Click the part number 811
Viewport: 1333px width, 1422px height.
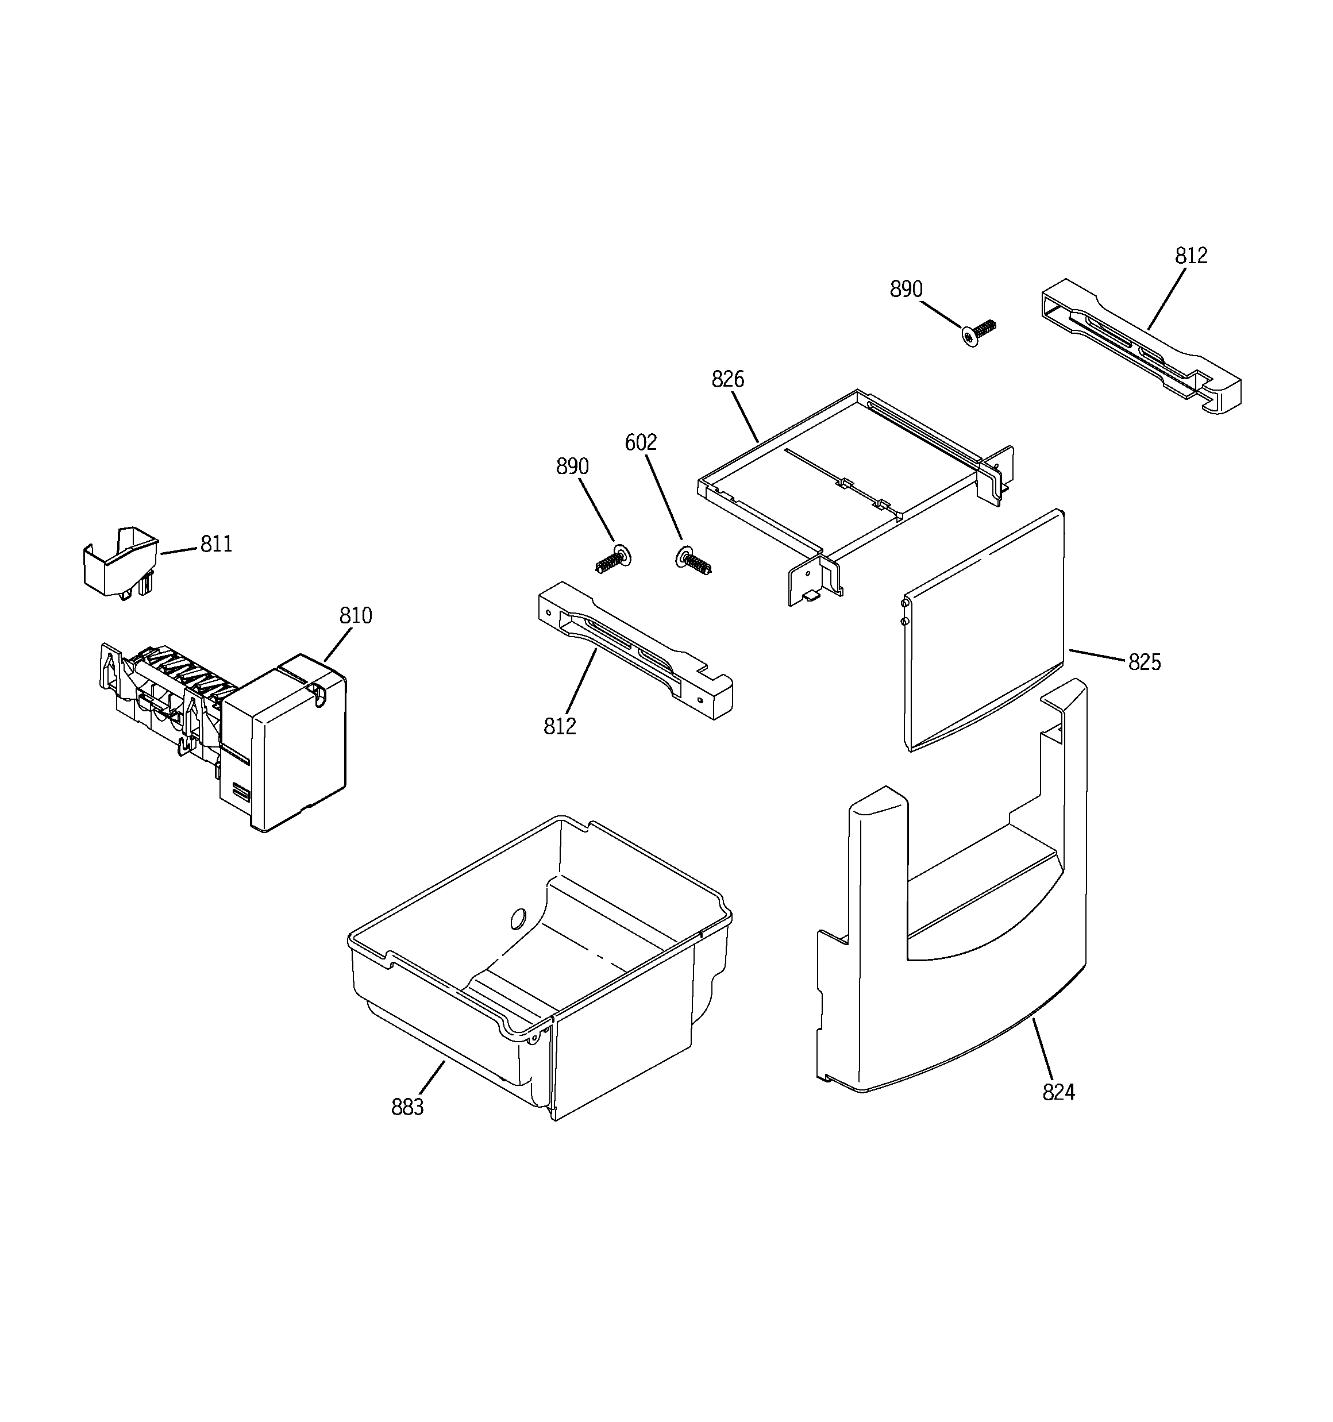(x=216, y=544)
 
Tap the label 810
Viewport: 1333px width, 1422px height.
(x=356, y=616)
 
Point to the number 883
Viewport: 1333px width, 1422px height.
(x=407, y=1107)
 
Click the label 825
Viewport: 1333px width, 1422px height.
(x=1144, y=662)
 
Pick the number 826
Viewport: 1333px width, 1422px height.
(x=727, y=379)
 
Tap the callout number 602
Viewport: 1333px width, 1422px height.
(x=641, y=443)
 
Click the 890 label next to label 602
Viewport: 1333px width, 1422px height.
(x=572, y=467)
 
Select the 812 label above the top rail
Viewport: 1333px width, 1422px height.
(x=1191, y=255)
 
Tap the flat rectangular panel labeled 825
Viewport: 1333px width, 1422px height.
(x=984, y=630)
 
